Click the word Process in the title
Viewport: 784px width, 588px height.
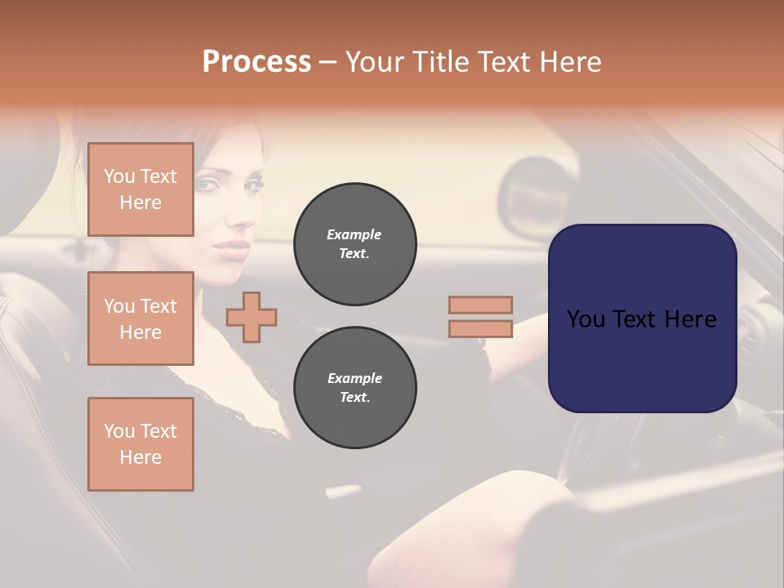pos(256,62)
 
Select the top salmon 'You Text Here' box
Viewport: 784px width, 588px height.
pos(140,189)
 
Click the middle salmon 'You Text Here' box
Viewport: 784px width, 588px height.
pos(140,318)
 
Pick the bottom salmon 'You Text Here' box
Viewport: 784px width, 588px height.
pos(140,444)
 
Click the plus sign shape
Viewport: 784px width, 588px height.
pos(252,317)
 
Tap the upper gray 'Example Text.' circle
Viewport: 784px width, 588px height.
pos(354,244)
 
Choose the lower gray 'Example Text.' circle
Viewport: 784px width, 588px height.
pos(354,388)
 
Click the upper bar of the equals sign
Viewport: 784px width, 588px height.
pos(481,305)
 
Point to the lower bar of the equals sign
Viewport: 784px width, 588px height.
pos(481,329)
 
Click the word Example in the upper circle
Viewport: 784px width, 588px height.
pos(354,235)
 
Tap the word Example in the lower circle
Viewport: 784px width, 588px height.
pos(354,379)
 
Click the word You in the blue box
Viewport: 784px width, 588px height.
pos(586,319)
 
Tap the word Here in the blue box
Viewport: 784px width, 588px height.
pos(690,319)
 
